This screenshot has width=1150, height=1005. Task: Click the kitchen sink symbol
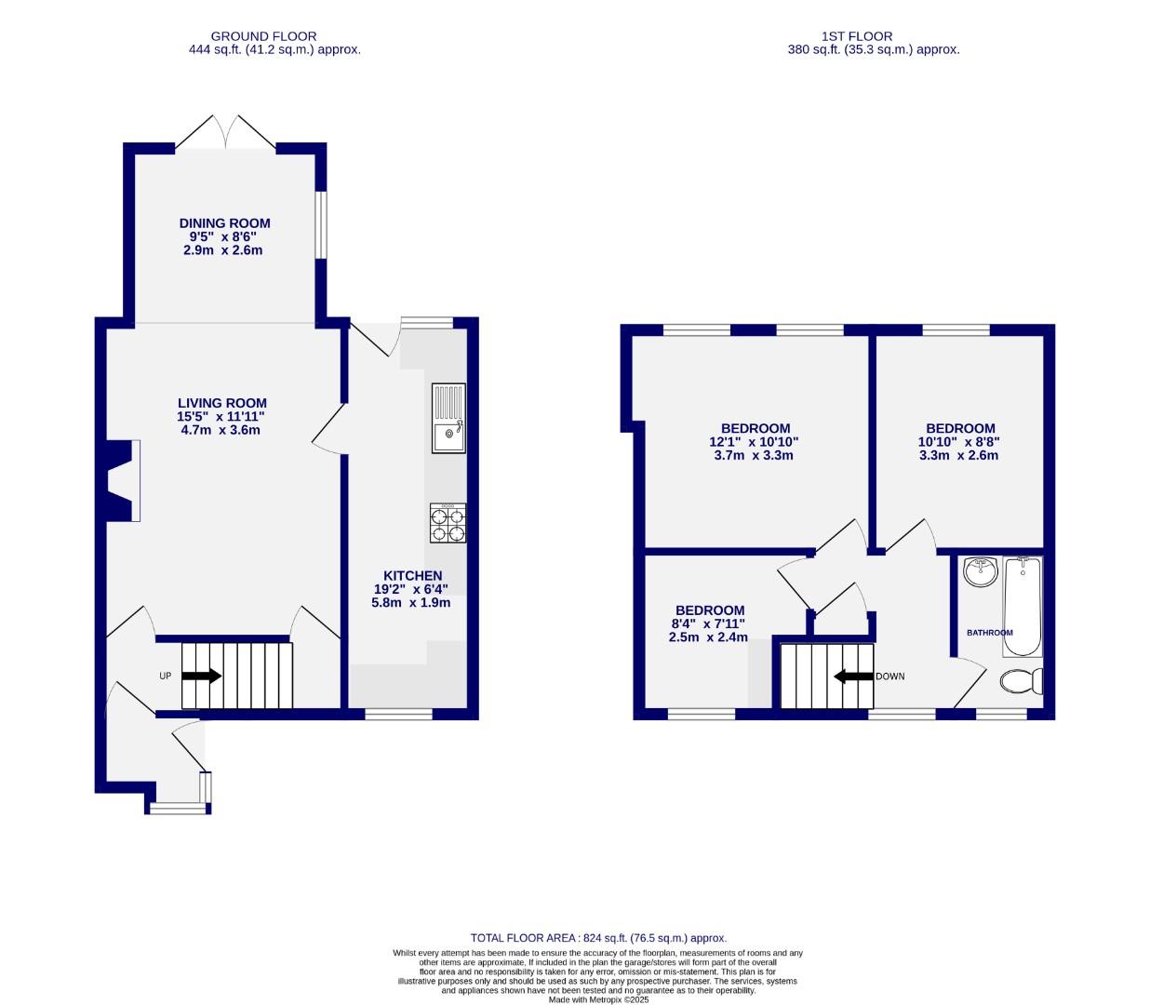click(x=448, y=418)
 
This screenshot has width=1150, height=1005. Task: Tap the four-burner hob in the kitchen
click(x=448, y=523)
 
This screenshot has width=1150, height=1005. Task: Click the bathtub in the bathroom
click(x=1023, y=606)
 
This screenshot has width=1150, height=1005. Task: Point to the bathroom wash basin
click(x=980, y=570)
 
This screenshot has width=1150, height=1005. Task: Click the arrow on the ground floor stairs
click(x=202, y=677)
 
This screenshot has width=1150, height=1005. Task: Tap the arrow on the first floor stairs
click(x=852, y=677)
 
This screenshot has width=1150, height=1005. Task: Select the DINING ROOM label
click(x=224, y=223)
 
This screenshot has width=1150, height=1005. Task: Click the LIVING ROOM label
click(x=222, y=404)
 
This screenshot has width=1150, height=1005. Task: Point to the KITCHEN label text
click(x=412, y=576)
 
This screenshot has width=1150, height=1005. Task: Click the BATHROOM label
click(x=989, y=633)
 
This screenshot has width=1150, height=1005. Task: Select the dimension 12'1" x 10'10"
click(x=754, y=443)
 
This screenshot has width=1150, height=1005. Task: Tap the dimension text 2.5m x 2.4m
click(x=708, y=637)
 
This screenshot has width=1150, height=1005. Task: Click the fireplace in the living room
click(x=122, y=480)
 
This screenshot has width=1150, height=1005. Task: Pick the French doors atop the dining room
click(x=225, y=133)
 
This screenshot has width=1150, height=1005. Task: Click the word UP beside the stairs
click(x=165, y=677)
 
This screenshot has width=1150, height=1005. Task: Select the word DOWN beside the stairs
click(x=889, y=677)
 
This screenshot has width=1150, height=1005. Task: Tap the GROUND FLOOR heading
click(x=263, y=37)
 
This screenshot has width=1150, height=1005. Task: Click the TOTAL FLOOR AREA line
click(x=598, y=938)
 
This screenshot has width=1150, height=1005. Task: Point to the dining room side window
click(x=320, y=224)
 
